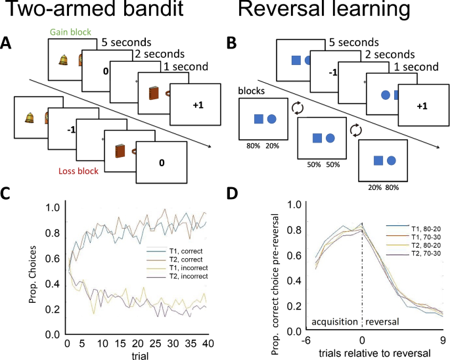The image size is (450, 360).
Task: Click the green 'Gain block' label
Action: pyautogui.click(x=70, y=32)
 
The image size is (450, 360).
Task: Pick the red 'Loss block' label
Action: pyautogui.click(x=68, y=171)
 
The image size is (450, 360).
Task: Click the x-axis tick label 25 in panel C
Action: pyautogui.click(x=152, y=344)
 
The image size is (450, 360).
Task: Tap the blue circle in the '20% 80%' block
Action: pyautogui.click(x=391, y=160)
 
